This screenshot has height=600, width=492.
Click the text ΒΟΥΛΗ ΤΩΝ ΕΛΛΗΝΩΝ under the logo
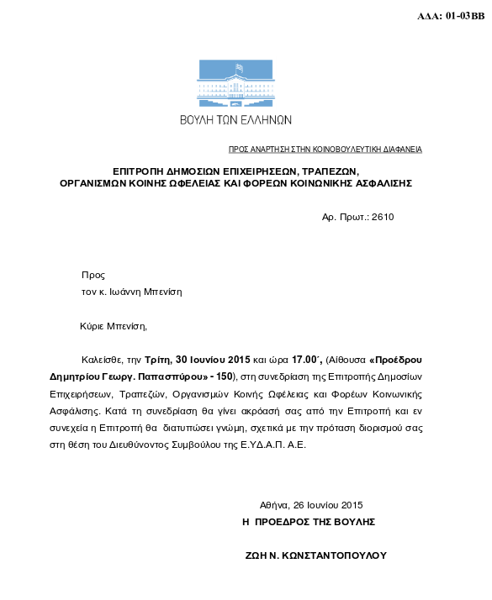(235, 120)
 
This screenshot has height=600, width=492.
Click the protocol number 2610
(382, 217)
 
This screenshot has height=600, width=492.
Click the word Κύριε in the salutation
(95, 325)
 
